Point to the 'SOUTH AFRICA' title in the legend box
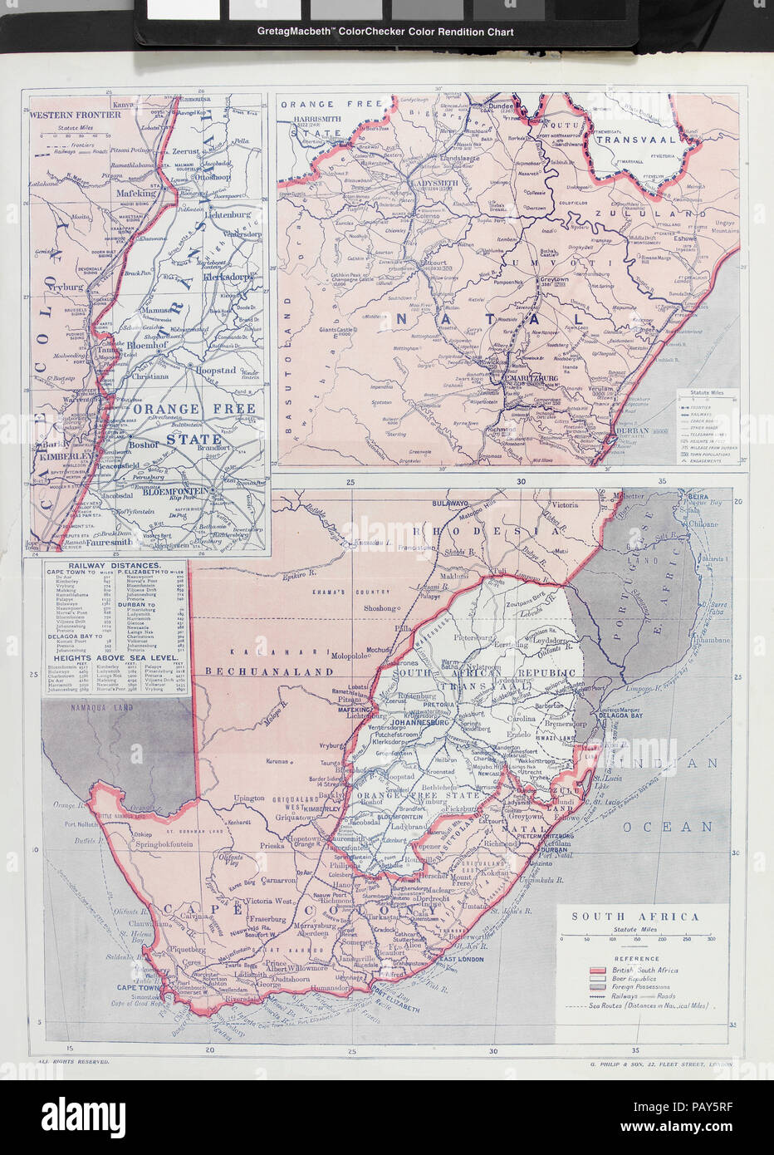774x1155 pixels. (635, 917)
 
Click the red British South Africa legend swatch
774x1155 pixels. (598, 970)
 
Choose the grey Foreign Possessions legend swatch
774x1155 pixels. (598, 987)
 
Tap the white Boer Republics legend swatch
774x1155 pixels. (598, 979)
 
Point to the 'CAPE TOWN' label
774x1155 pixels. (138, 987)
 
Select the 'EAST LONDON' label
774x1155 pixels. (461, 959)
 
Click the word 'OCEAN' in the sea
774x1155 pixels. (680, 827)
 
